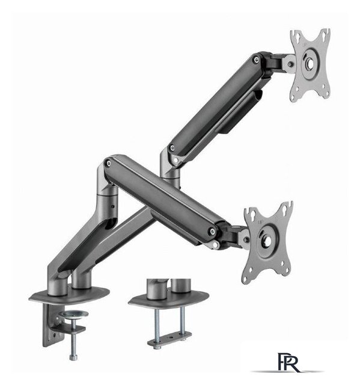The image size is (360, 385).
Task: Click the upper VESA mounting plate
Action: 311,64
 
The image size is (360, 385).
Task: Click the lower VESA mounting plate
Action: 267,241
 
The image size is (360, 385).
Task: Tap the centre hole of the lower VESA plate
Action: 267,241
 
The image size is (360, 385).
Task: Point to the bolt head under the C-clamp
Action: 73,357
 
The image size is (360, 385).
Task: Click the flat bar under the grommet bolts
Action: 169,339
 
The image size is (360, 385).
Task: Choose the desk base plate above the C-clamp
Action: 69,295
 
